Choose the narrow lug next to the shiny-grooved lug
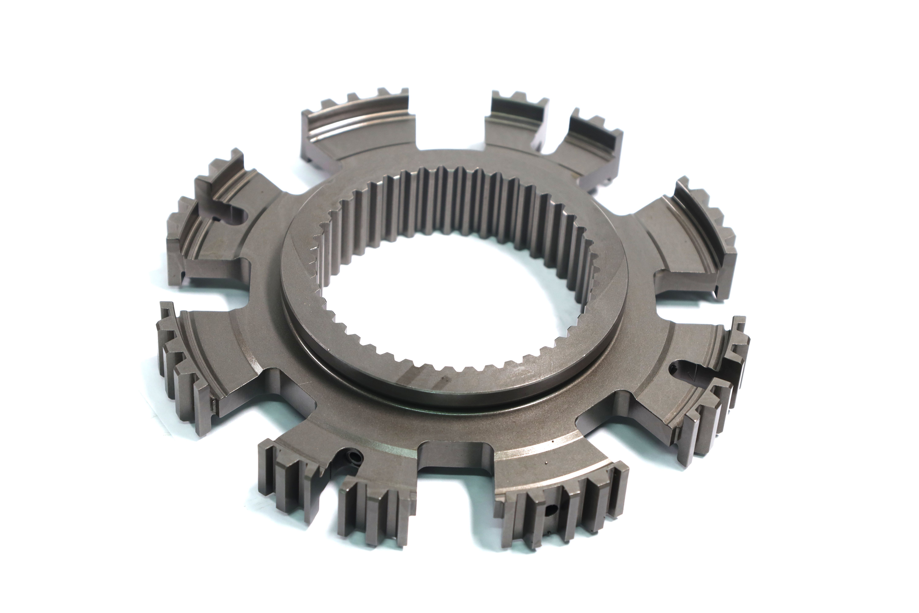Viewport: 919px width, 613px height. [512, 125]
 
